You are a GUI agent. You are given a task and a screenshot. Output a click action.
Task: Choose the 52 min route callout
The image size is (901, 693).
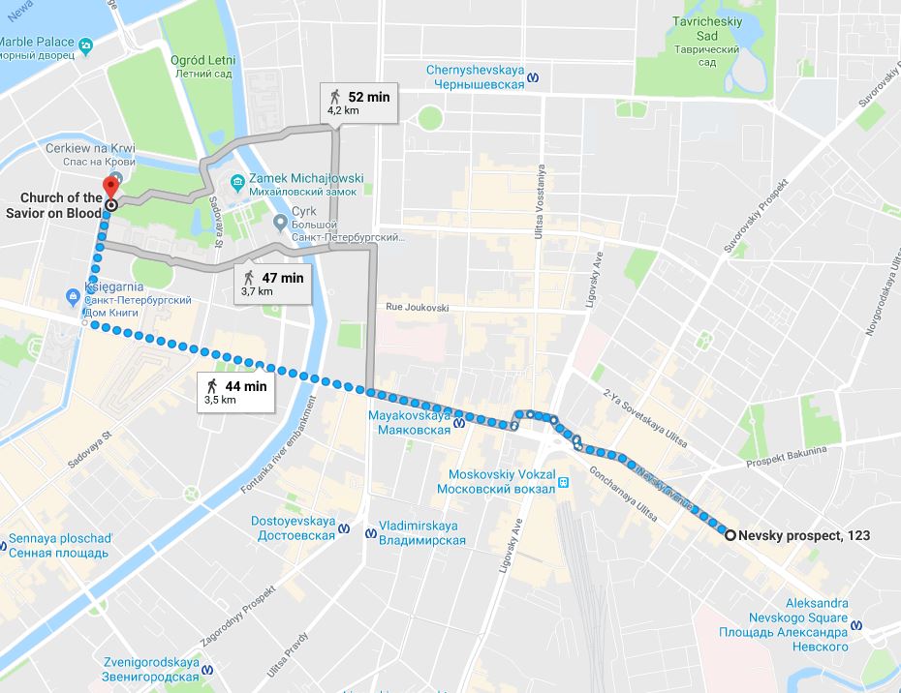pos(360,102)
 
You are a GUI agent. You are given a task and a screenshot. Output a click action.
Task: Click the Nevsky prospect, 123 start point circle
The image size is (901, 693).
pos(730,534)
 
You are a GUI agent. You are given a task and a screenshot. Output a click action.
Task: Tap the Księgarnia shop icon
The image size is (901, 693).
pos(74,294)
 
